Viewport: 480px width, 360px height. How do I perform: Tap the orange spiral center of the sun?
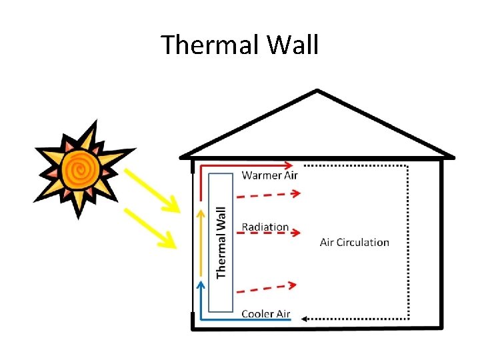click(81, 169)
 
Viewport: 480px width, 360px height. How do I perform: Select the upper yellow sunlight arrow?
click(152, 190)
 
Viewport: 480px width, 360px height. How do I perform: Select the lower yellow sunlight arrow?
click(150, 229)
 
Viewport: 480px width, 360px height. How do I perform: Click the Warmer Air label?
click(269, 175)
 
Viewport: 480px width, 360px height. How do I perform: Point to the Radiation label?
click(265, 227)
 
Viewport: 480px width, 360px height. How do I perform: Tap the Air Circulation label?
click(355, 243)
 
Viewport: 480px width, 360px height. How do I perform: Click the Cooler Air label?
click(266, 314)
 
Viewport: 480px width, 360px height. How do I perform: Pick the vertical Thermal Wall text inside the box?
click(221, 243)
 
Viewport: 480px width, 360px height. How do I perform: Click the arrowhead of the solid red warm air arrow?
click(289, 165)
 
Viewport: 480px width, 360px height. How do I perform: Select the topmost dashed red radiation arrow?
click(269, 195)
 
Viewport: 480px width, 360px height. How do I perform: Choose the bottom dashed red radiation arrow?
click(267, 289)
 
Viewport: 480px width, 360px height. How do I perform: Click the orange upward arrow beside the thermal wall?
click(201, 243)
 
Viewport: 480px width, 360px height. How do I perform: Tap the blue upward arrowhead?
click(201, 285)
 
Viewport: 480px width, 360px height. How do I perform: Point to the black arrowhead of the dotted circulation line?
click(304, 319)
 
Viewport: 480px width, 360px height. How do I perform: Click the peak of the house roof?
click(317, 90)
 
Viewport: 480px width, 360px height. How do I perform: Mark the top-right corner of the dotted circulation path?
click(408, 166)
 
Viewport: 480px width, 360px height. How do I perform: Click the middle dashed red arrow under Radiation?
click(269, 233)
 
